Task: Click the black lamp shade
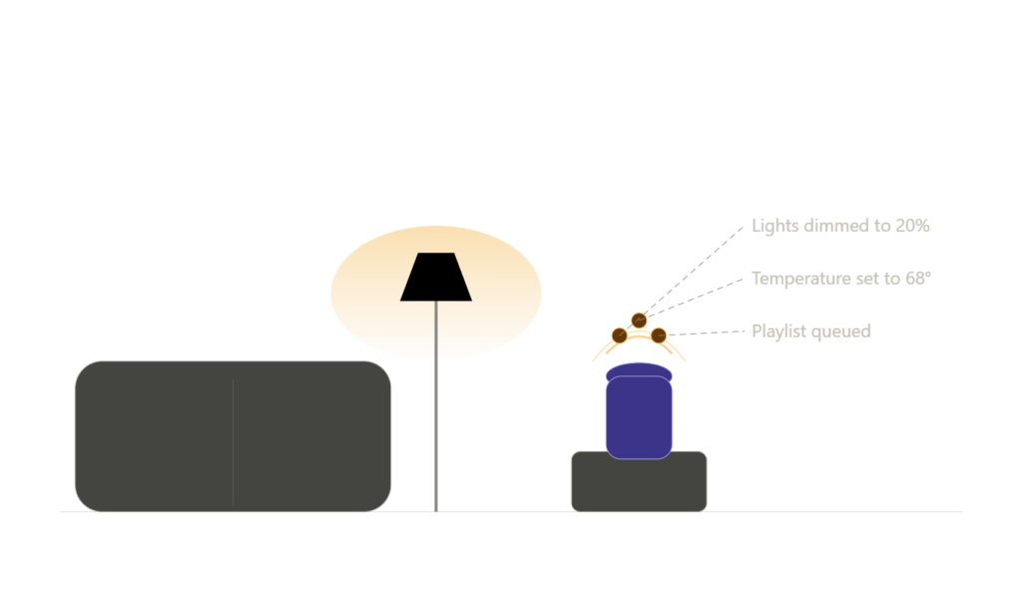[x=436, y=277]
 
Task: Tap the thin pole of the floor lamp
[x=436, y=406]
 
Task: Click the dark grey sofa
[x=233, y=436]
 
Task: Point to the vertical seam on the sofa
[x=233, y=442]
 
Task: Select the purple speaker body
[x=639, y=417]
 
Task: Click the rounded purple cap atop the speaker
[x=639, y=371]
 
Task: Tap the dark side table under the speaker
[x=639, y=482]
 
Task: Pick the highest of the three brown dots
[x=639, y=320]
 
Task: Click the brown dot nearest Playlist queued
[x=659, y=335]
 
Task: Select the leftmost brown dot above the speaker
[x=619, y=335]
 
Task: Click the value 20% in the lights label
[x=912, y=226]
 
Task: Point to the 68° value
[x=918, y=279]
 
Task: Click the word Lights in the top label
[x=774, y=227]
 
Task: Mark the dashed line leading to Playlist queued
[x=702, y=333]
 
